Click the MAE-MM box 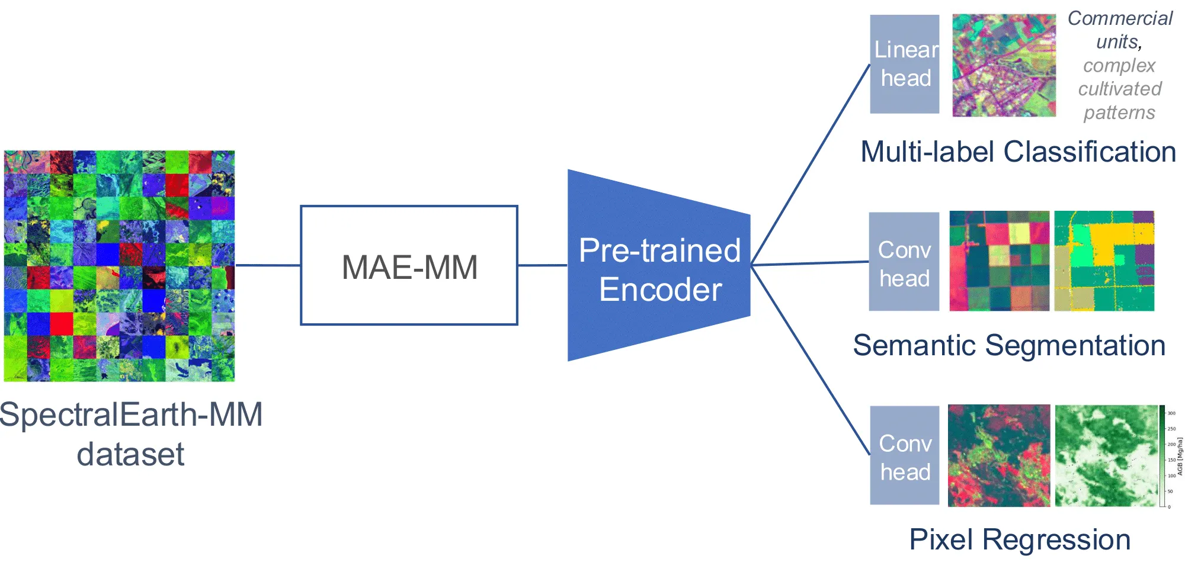coord(409,265)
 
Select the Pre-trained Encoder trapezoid coord(659,266)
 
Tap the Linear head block coord(905,64)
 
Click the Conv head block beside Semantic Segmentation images coord(904,262)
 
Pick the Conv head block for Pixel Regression coord(905,455)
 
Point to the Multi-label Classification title coord(1018,152)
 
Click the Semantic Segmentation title coord(1009,345)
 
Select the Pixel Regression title coord(1020,539)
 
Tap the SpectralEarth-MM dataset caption coord(131,434)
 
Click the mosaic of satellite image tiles coord(119,266)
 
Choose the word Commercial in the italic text coord(1120,18)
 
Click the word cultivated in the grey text coord(1120,89)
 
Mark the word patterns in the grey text coord(1119,112)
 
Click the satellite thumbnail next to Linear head coord(1004,65)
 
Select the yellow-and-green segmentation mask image coord(1104,261)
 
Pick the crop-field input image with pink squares coord(999,261)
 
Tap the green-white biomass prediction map coord(1106,455)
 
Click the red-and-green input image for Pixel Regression coord(999,455)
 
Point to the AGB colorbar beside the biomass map coord(1162,456)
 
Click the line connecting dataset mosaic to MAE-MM coord(268,265)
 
